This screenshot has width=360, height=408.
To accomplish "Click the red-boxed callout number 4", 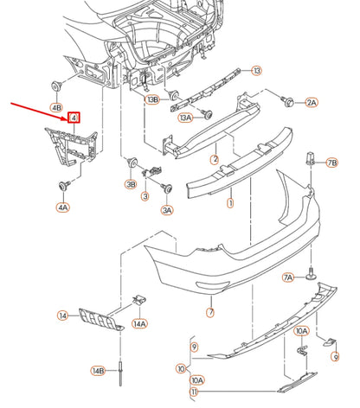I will (x=74, y=118).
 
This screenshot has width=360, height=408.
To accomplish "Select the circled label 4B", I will (x=57, y=108).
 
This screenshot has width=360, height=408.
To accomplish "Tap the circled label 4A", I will (x=63, y=207).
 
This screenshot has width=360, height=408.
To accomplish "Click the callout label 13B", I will (x=153, y=99).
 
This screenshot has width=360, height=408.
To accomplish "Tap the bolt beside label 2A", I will (x=287, y=102).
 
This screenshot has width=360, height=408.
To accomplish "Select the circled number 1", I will (x=230, y=205).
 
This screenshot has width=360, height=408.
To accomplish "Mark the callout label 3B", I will (x=131, y=184).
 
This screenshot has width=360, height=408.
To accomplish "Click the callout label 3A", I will (x=167, y=209).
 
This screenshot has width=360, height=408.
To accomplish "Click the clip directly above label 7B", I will (x=310, y=162).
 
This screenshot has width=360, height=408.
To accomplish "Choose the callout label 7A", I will (x=289, y=277).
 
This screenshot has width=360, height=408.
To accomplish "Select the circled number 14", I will (x=63, y=316).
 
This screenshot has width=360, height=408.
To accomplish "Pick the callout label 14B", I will (x=99, y=371).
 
